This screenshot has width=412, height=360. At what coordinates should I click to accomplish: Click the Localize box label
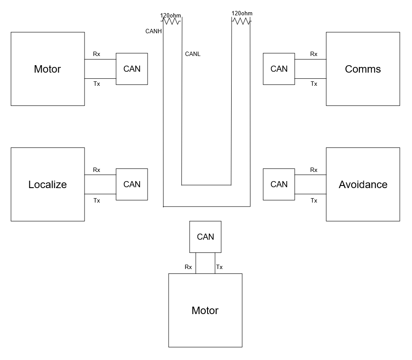48,185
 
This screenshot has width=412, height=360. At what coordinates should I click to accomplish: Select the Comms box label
363,69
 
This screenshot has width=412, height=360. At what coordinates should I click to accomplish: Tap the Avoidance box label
363,185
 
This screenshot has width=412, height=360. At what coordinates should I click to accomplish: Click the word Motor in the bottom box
205,311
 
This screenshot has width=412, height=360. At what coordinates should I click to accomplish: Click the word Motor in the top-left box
47,69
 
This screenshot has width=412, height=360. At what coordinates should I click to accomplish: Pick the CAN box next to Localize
132,184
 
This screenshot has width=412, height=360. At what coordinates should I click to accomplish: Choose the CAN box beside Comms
279,69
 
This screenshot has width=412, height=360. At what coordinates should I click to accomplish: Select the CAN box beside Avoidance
279,184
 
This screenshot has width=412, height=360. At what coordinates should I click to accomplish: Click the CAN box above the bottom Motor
205,237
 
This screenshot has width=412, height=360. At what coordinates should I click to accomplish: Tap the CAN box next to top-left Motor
132,69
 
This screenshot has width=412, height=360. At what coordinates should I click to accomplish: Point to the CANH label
153,31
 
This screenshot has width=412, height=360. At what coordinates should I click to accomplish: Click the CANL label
193,54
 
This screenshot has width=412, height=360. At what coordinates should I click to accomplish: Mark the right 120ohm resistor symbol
241,21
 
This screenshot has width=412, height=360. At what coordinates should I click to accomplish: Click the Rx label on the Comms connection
314,54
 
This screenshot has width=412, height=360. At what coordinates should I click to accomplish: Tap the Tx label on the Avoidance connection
314,201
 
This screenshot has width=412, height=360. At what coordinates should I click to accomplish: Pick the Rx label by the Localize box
96,170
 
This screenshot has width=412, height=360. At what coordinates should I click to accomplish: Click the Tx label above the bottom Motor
219,267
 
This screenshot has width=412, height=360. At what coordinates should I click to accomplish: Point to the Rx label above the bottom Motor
188,267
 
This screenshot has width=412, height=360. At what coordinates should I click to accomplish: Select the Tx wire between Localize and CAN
100,194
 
